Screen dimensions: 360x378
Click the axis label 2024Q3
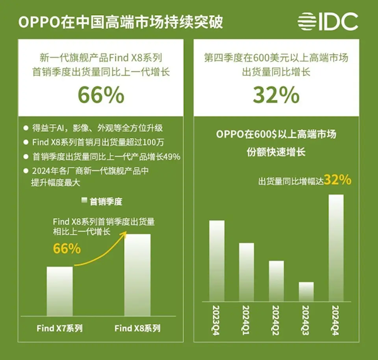[306, 320]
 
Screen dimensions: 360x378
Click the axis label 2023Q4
[217, 320]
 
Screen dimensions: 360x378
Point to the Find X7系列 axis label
[60, 328]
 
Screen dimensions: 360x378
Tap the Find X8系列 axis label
[137, 328]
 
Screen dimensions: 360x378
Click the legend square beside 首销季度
[83, 201]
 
